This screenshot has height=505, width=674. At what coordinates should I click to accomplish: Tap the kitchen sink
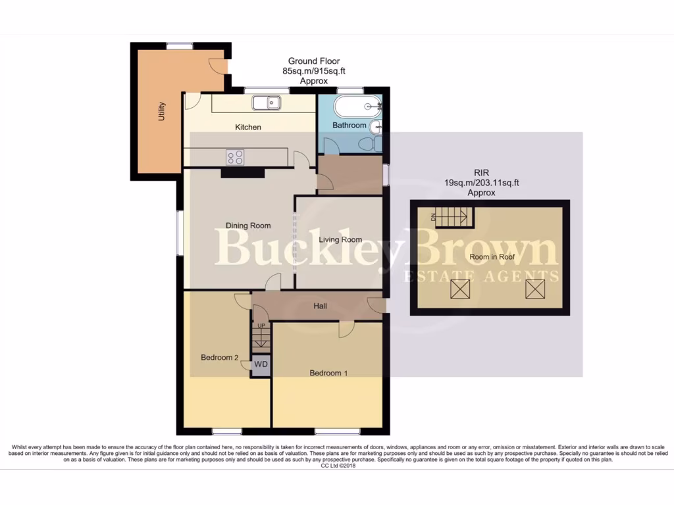click(x=267, y=103)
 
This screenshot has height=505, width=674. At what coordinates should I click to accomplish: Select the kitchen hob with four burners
click(x=236, y=157)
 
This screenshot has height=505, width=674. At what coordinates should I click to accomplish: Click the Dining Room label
click(x=248, y=226)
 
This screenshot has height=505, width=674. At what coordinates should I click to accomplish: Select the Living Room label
click(x=340, y=239)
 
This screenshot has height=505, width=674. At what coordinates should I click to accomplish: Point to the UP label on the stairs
click(x=261, y=326)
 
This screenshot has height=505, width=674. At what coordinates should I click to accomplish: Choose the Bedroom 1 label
click(x=328, y=373)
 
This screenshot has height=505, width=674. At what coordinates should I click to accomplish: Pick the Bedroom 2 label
click(x=219, y=358)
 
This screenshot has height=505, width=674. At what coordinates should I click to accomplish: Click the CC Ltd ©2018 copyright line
click(x=338, y=466)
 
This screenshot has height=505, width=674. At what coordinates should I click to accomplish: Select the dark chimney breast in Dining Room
click(x=242, y=172)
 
